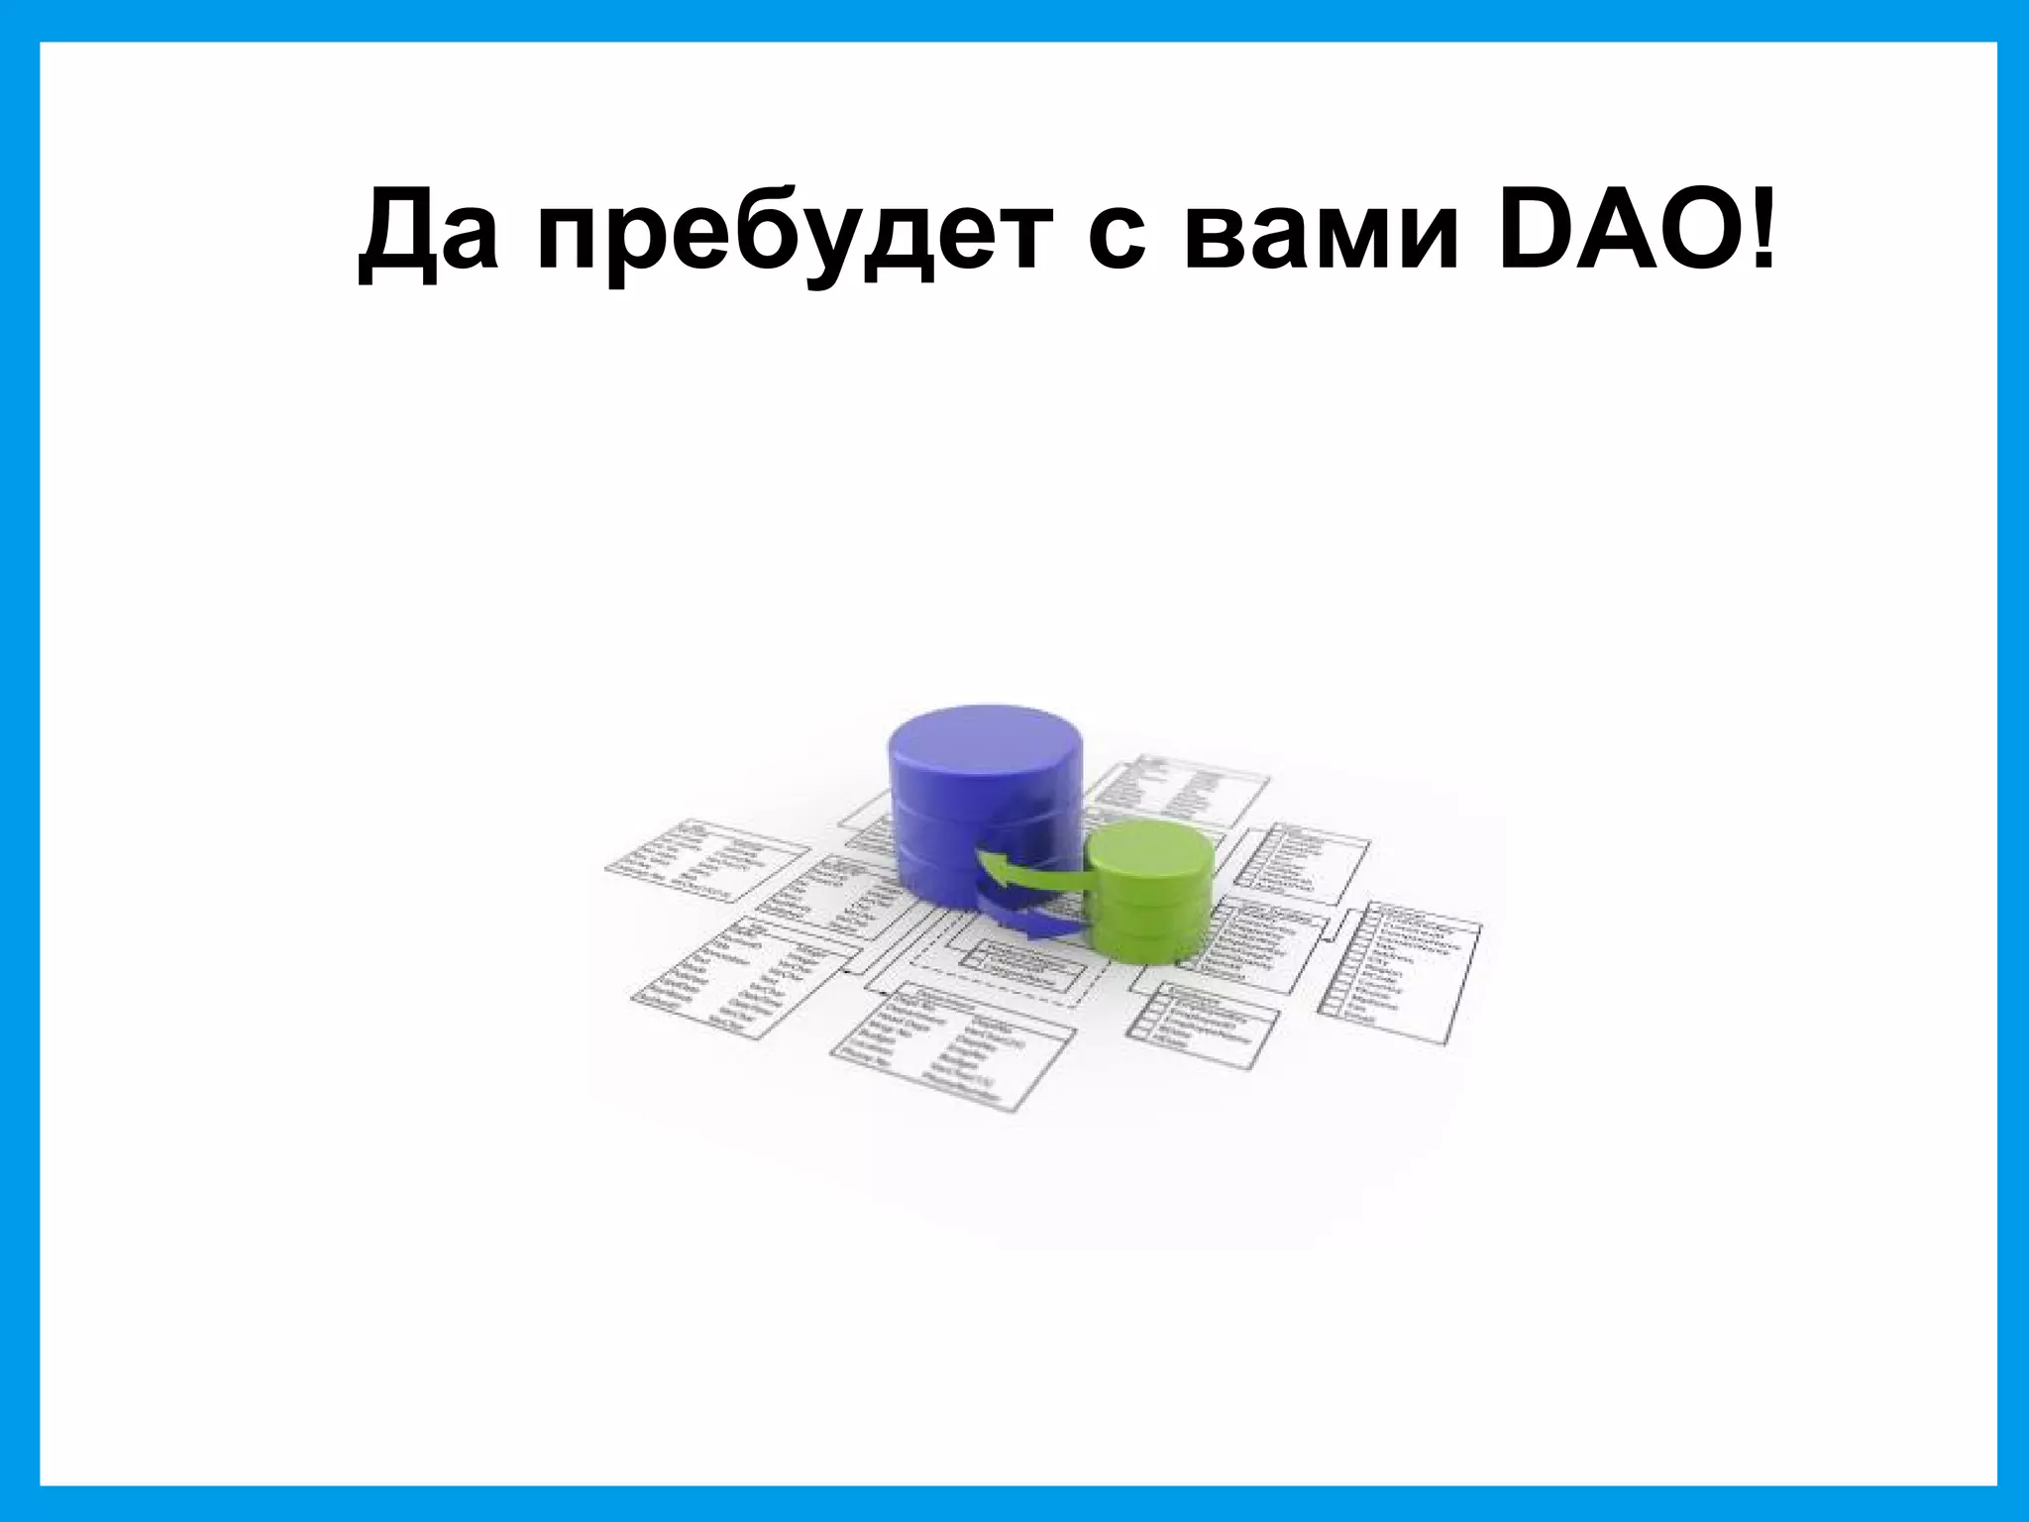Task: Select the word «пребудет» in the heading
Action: pos(789,238)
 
